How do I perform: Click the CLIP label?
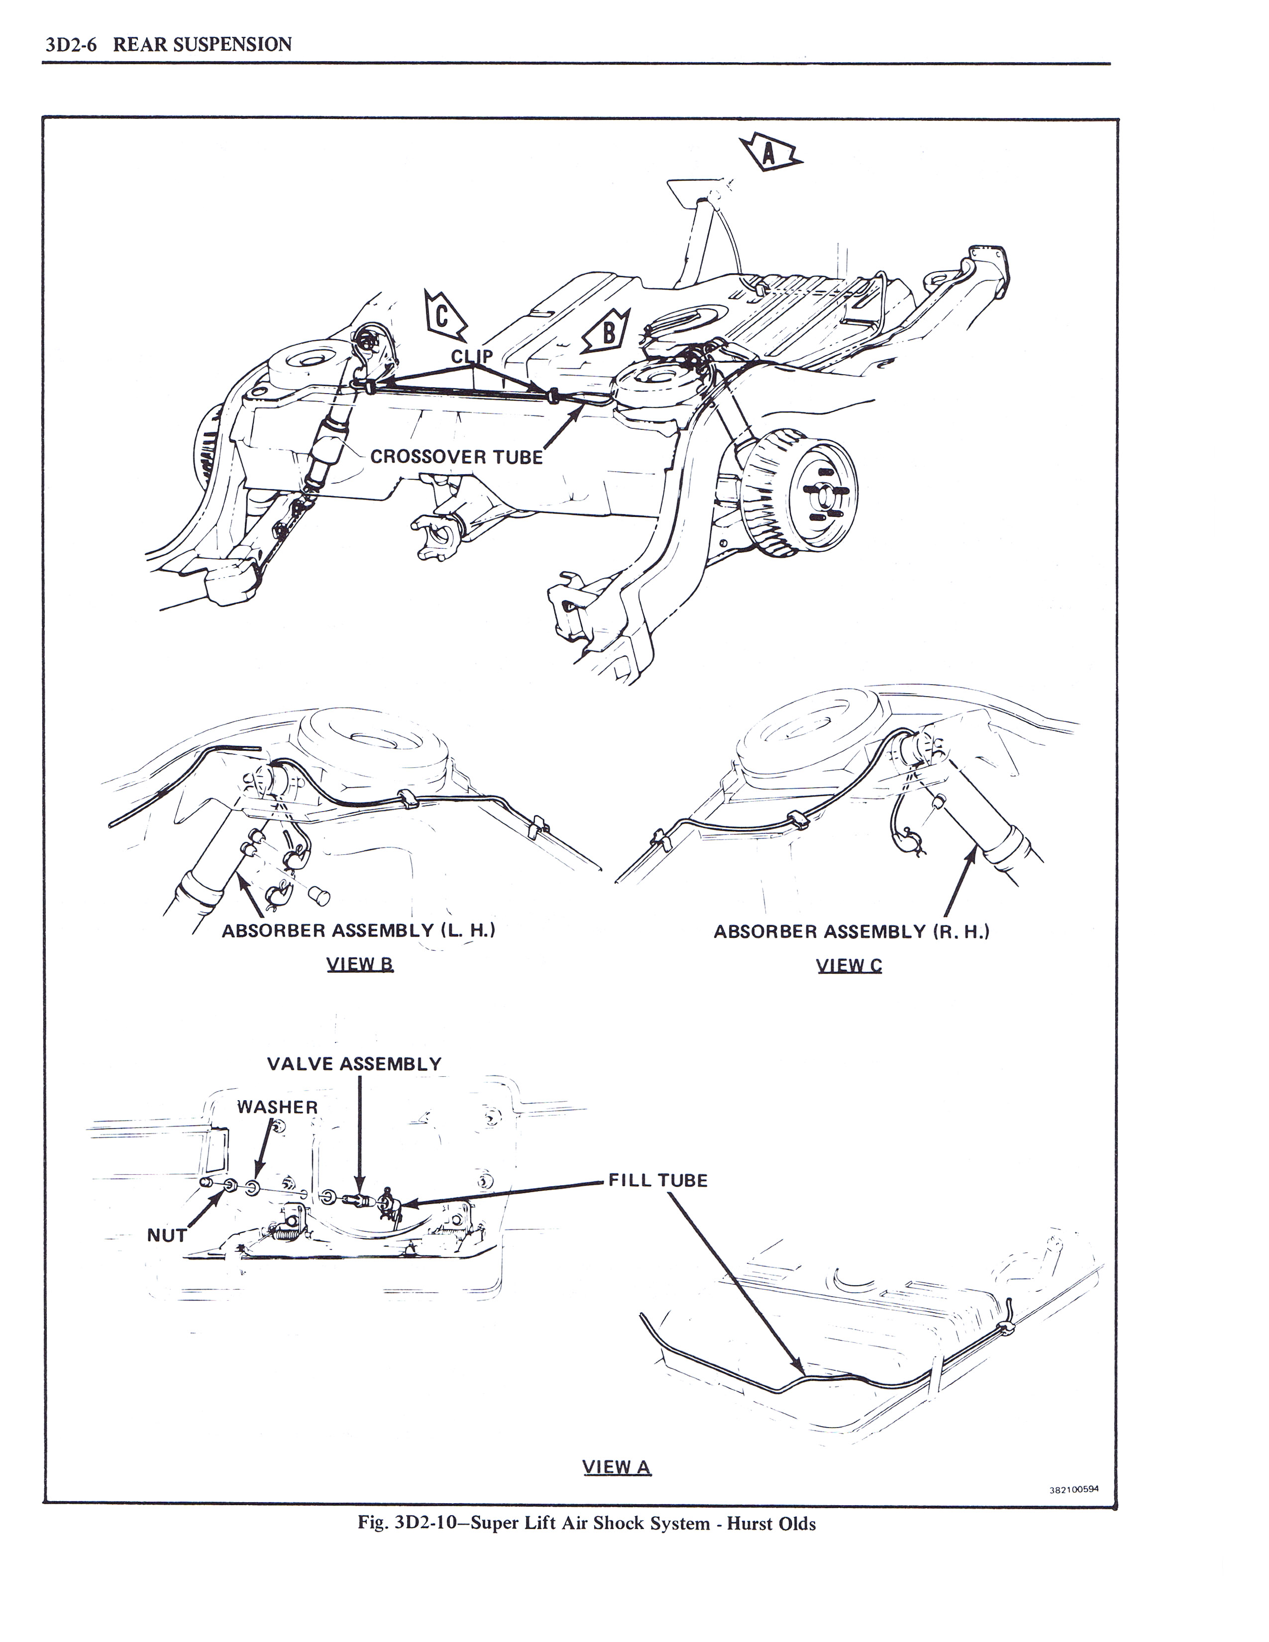coord(472,356)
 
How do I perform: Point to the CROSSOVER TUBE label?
coord(456,457)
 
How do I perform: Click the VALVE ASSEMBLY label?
coord(355,1064)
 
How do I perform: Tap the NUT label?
coord(166,1235)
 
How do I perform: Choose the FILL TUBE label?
coord(658,1180)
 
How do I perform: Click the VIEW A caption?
coord(617,1467)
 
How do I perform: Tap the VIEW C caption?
coord(849,965)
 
